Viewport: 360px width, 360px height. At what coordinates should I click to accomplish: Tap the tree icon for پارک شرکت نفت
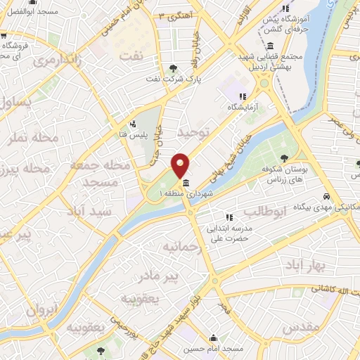[x=174, y=68]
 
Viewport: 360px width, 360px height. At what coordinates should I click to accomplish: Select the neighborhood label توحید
[x=193, y=132]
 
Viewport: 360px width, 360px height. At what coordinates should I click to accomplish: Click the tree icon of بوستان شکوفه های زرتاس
[x=284, y=158]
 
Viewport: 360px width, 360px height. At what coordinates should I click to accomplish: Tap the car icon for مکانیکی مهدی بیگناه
[x=327, y=196]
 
